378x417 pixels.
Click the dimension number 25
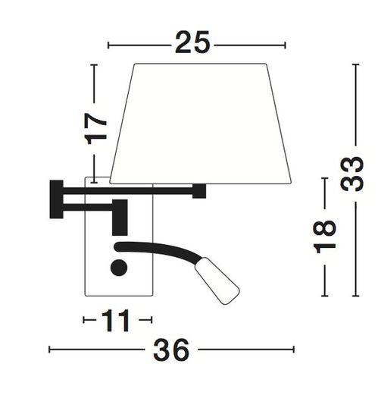(x=192, y=43)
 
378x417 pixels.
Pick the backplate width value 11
(x=117, y=321)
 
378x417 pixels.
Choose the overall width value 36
(x=171, y=350)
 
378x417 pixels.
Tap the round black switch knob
(x=118, y=267)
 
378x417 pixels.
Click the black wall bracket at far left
(x=56, y=199)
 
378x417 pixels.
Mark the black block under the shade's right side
(x=199, y=191)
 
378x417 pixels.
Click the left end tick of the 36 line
(x=50, y=350)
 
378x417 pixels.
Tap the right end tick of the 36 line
(x=294, y=350)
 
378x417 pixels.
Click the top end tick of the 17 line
(x=95, y=66)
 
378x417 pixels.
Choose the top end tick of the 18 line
(x=325, y=179)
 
